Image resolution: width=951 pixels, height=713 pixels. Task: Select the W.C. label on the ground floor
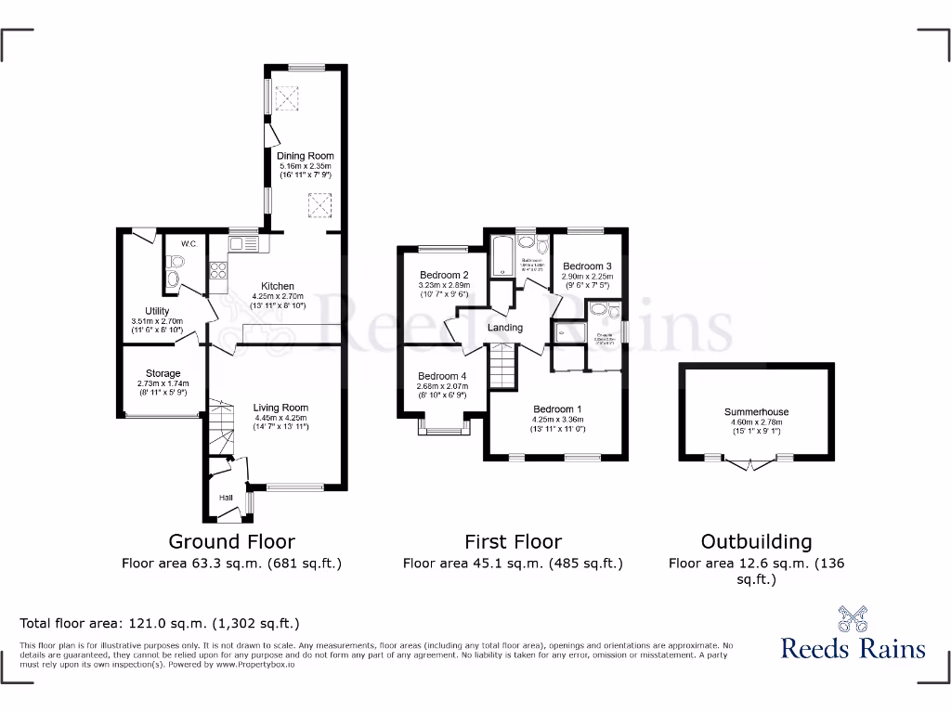point(189,244)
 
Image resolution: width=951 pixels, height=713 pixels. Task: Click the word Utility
point(156,311)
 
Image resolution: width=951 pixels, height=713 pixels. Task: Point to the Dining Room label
point(305,156)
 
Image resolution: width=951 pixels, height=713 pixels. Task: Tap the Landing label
point(505,328)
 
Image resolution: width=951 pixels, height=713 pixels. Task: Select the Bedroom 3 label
point(587,266)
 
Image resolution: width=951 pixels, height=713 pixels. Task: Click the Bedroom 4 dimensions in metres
point(442,385)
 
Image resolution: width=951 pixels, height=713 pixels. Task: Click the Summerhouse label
point(756,412)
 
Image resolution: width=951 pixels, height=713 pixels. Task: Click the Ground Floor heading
point(231,541)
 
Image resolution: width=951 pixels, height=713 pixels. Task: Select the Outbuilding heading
point(756,541)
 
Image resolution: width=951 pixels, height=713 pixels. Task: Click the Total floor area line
point(160,624)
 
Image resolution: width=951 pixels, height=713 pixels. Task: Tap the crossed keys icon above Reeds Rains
point(853,618)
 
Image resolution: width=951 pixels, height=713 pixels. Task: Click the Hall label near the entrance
point(226,499)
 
